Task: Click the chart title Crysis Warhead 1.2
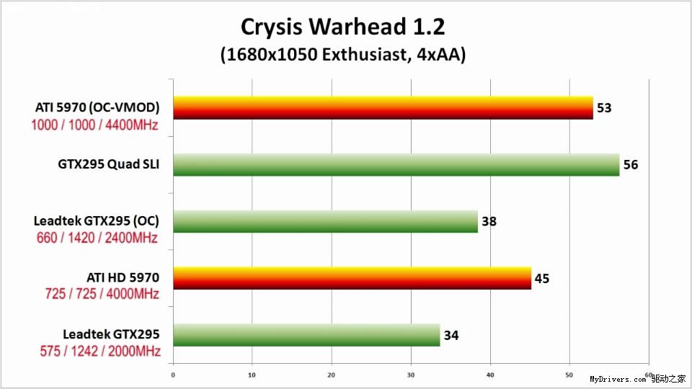342,27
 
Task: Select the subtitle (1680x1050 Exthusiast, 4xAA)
342,55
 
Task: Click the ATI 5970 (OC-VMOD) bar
383,108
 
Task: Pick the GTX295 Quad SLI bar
396,164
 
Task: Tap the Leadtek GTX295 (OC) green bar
326,221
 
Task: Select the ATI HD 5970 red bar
352,277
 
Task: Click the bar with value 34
307,334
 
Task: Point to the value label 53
604,108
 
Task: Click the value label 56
631,165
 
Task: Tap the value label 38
489,221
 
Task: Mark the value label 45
542,278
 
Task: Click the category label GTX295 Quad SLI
108,165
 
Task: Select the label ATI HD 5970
123,276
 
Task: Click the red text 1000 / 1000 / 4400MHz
94,124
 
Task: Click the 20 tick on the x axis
332,375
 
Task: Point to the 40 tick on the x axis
490,375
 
